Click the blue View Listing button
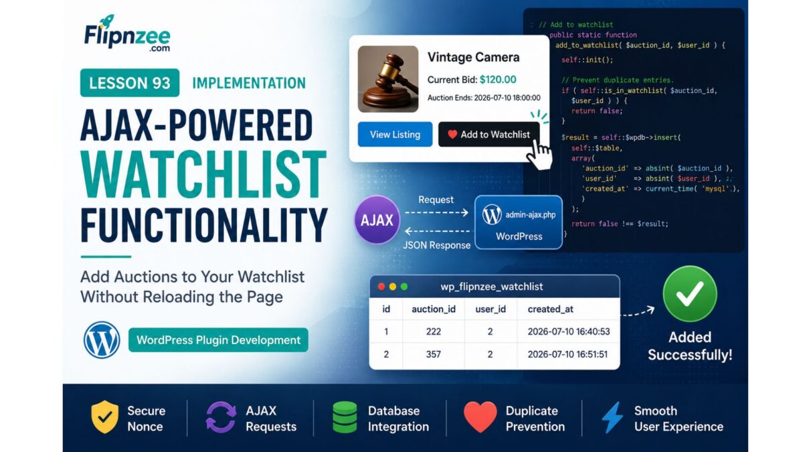395,135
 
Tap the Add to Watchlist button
488,135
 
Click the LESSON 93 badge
130,83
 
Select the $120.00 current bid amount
498,80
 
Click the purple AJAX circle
377,220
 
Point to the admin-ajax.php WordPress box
519,222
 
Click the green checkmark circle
690,294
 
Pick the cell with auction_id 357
434,354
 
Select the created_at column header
550,309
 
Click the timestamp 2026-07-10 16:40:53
569,331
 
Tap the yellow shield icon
104,417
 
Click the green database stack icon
345,417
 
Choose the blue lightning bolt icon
612,418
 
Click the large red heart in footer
480,417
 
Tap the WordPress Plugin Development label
218,340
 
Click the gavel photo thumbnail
388,79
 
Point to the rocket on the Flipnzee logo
107,21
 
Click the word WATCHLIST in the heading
203,174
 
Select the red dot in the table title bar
381,287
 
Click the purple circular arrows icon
221,417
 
